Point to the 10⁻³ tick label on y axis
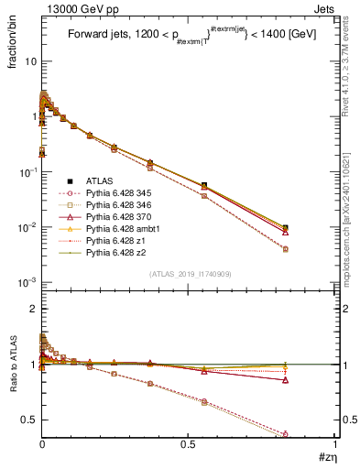[27, 282]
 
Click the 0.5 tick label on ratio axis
[27, 420]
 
